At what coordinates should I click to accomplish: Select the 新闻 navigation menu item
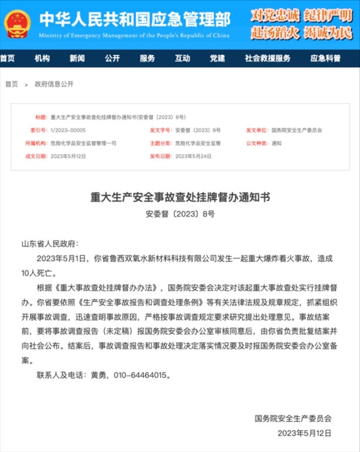point(77,59)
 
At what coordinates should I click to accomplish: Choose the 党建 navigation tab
point(217,59)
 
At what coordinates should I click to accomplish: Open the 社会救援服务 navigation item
point(267,59)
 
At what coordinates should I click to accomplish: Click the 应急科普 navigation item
point(325,59)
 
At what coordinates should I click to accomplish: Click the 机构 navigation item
point(42,59)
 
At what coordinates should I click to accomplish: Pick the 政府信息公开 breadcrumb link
point(54,84)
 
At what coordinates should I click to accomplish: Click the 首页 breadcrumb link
point(12,84)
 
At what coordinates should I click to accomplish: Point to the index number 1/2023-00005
point(68,131)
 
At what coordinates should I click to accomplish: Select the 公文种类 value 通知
point(277,143)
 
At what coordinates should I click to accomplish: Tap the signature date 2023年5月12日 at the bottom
point(305,433)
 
